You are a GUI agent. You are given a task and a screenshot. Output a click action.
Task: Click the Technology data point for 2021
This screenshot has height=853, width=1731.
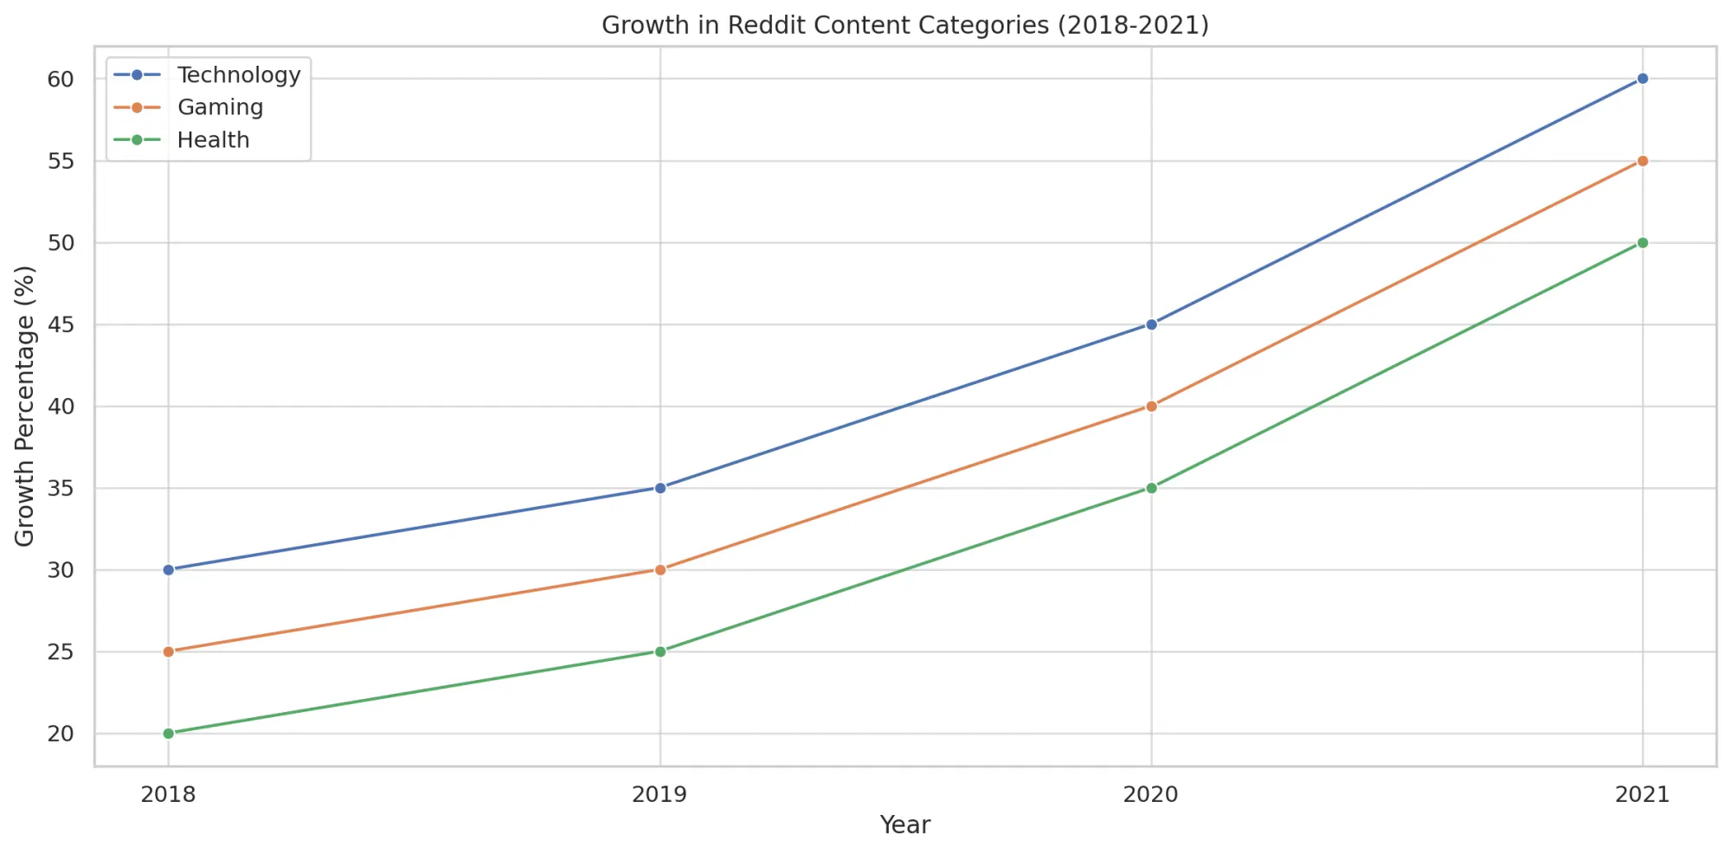click(x=1642, y=79)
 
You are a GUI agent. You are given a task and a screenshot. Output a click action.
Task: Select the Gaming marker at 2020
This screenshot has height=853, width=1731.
click(x=1151, y=406)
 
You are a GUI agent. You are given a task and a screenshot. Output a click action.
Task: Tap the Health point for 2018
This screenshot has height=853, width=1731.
click(x=169, y=734)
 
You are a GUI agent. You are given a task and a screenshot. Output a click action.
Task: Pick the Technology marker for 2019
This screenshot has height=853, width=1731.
click(x=660, y=488)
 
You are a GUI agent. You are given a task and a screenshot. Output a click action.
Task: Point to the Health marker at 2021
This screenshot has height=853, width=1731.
click(x=1642, y=243)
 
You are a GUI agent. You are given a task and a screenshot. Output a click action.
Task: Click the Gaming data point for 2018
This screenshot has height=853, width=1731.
click(x=169, y=651)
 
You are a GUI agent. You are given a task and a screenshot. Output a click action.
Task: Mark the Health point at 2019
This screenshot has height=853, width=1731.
click(x=660, y=651)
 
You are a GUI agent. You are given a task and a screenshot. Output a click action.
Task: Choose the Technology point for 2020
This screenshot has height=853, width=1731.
click(x=1151, y=324)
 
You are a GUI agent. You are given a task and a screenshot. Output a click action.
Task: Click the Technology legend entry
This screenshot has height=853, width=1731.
click(x=238, y=75)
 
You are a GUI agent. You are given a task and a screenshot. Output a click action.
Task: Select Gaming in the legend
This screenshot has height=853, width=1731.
click(x=220, y=107)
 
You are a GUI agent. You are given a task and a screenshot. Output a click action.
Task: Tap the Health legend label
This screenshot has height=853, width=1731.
click(x=213, y=140)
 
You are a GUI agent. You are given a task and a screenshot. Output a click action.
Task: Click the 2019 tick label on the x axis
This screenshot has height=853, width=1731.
click(x=660, y=794)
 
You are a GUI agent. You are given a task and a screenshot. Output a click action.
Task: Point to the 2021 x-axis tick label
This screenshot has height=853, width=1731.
click(x=1642, y=794)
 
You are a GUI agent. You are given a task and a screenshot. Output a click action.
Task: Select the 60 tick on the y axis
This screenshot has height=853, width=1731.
click(x=61, y=80)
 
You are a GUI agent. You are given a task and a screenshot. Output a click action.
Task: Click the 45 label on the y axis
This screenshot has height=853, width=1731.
click(x=61, y=325)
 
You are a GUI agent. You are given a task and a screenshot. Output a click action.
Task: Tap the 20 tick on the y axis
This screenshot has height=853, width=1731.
click(x=61, y=734)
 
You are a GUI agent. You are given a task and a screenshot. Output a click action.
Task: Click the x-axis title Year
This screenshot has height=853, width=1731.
click(x=904, y=825)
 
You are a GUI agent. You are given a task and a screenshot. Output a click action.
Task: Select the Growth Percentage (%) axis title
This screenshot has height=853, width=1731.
click(x=25, y=406)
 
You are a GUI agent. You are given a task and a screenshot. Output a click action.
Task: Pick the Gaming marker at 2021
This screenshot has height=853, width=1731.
click(x=1642, y=161)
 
